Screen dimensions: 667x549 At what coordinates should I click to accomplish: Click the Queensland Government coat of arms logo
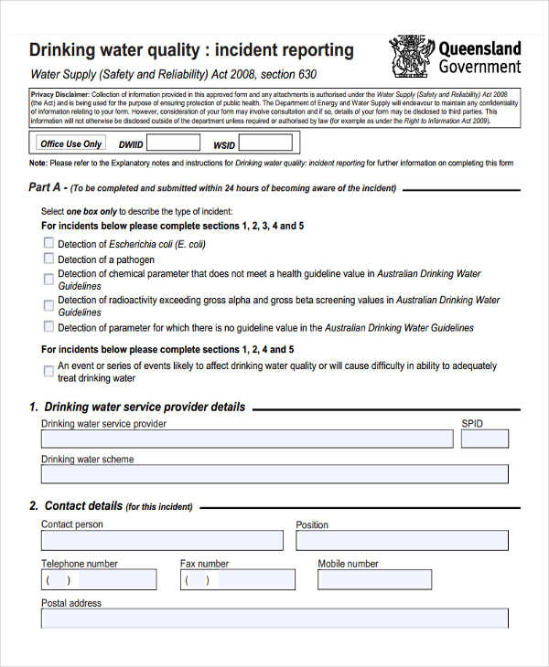412,57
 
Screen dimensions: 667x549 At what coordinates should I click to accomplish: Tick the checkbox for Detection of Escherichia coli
48,244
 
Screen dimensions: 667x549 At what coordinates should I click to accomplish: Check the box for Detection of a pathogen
48,259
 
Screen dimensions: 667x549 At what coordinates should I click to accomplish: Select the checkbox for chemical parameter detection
48,280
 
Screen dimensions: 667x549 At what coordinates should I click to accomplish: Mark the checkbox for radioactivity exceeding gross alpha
48,306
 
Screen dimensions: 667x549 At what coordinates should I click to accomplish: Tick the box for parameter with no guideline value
48,326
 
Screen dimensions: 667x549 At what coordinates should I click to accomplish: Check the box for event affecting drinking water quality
48,371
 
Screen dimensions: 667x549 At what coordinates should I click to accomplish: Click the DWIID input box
173,143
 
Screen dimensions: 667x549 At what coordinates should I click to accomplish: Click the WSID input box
265,143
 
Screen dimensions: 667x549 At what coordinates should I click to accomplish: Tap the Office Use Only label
71,143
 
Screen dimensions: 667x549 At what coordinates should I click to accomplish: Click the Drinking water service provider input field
246,439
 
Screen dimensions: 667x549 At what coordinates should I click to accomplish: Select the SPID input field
484,439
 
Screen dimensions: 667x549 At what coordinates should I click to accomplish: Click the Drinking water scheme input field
274,475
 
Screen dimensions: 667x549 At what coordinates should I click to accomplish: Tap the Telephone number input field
98,579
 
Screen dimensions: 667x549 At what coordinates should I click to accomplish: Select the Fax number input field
237,579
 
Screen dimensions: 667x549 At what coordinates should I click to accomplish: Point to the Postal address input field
274,619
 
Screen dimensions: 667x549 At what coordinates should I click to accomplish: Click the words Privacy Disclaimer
59,93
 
